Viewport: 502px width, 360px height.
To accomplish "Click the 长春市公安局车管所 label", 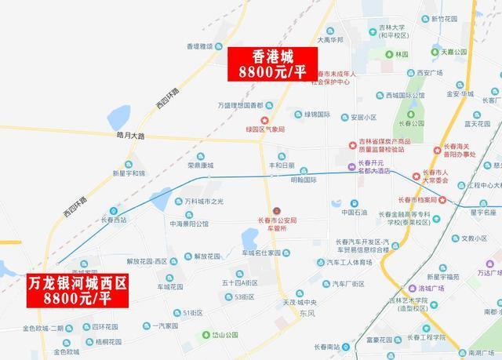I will click(275, 224).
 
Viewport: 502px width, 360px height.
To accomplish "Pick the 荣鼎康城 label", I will click(200, 165).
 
